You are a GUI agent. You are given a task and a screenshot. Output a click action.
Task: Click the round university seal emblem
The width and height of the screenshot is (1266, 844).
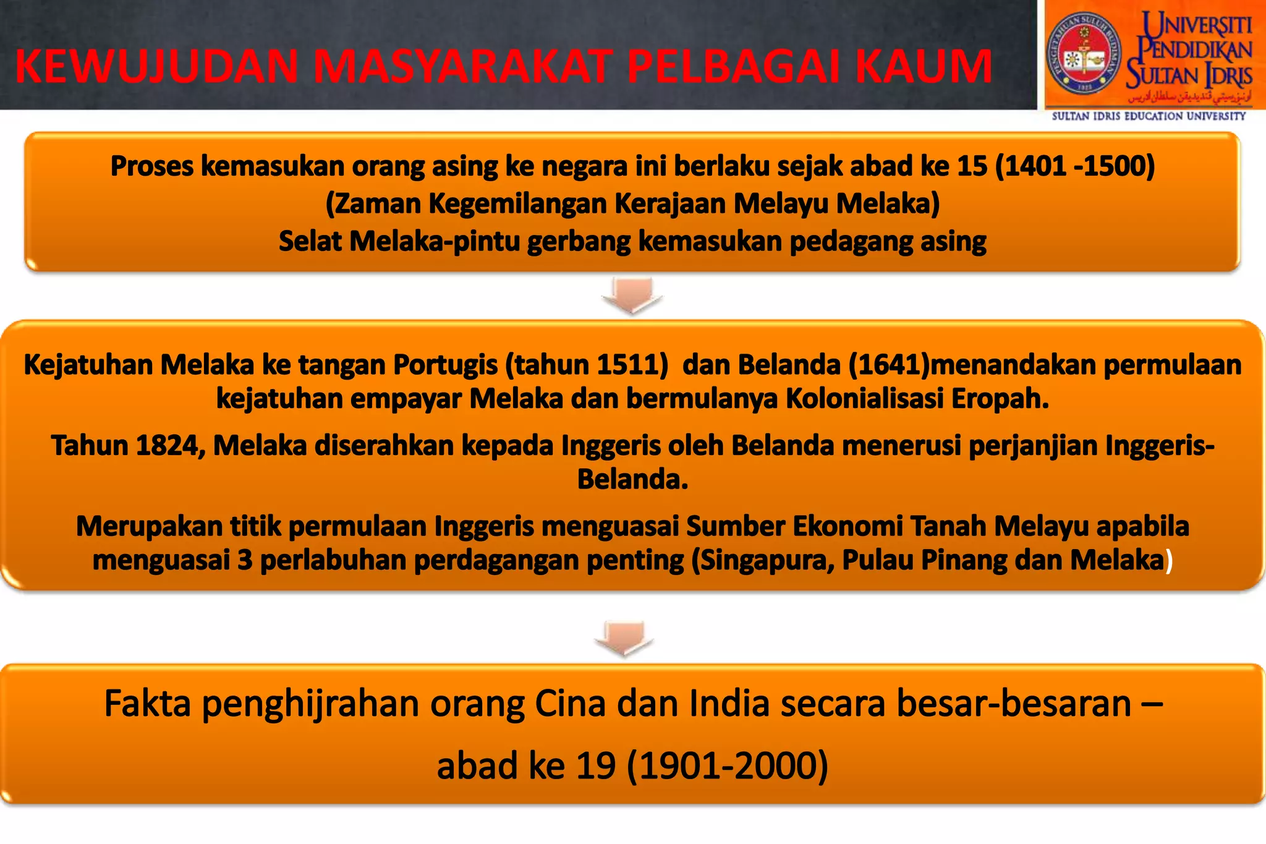(1082, 54)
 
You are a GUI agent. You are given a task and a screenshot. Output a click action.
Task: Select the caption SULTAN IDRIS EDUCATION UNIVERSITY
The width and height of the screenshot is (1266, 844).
(1149, 116)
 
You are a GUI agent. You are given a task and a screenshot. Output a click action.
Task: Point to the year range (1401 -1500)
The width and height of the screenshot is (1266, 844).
(1075, 166)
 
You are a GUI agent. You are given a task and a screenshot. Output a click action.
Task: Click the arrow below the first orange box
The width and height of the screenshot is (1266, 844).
(632, 295)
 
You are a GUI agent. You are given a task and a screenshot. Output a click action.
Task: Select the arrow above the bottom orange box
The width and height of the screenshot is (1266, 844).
(624, 637)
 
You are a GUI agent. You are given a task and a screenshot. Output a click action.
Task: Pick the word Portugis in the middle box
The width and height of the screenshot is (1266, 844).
(445, 365)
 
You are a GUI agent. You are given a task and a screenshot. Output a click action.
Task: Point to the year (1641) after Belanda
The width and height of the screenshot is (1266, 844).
(889, 365)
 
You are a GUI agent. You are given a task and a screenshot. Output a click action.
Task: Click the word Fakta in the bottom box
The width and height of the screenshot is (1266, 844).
(147, 704)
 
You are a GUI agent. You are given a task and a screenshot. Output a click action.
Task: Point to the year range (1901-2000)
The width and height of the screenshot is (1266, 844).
(727, 765)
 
